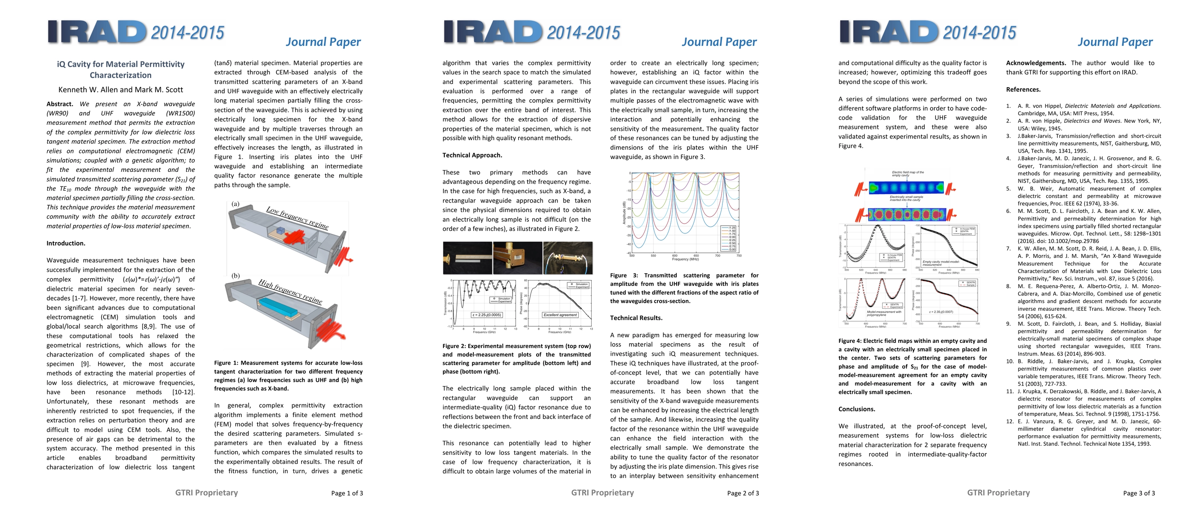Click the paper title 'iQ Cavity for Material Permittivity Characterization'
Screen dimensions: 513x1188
click(120, 70)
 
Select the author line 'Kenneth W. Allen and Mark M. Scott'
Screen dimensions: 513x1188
click(120, 89)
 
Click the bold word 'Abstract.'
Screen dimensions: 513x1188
click(60, 104)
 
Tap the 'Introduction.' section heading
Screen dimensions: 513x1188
click(66, 243)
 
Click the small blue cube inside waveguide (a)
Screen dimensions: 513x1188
click(280, 231)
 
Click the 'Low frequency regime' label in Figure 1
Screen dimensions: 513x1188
click(297, 218)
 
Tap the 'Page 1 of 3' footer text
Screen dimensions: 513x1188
click(347, 493)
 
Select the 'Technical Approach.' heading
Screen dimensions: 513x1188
click(472, 155)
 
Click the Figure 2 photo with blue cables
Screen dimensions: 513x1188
click(567, 258)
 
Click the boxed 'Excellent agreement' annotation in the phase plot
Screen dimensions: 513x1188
click(560, 315)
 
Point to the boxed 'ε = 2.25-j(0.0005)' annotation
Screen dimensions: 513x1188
click(487, 315)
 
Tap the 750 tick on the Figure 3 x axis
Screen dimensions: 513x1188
click(739, 256)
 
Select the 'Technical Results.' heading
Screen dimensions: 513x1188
click(636, 318)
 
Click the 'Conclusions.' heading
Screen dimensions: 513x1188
click(857, 409)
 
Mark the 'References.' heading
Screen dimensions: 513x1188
click(1023, 89)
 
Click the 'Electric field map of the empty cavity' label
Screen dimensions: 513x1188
click(908, 174)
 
